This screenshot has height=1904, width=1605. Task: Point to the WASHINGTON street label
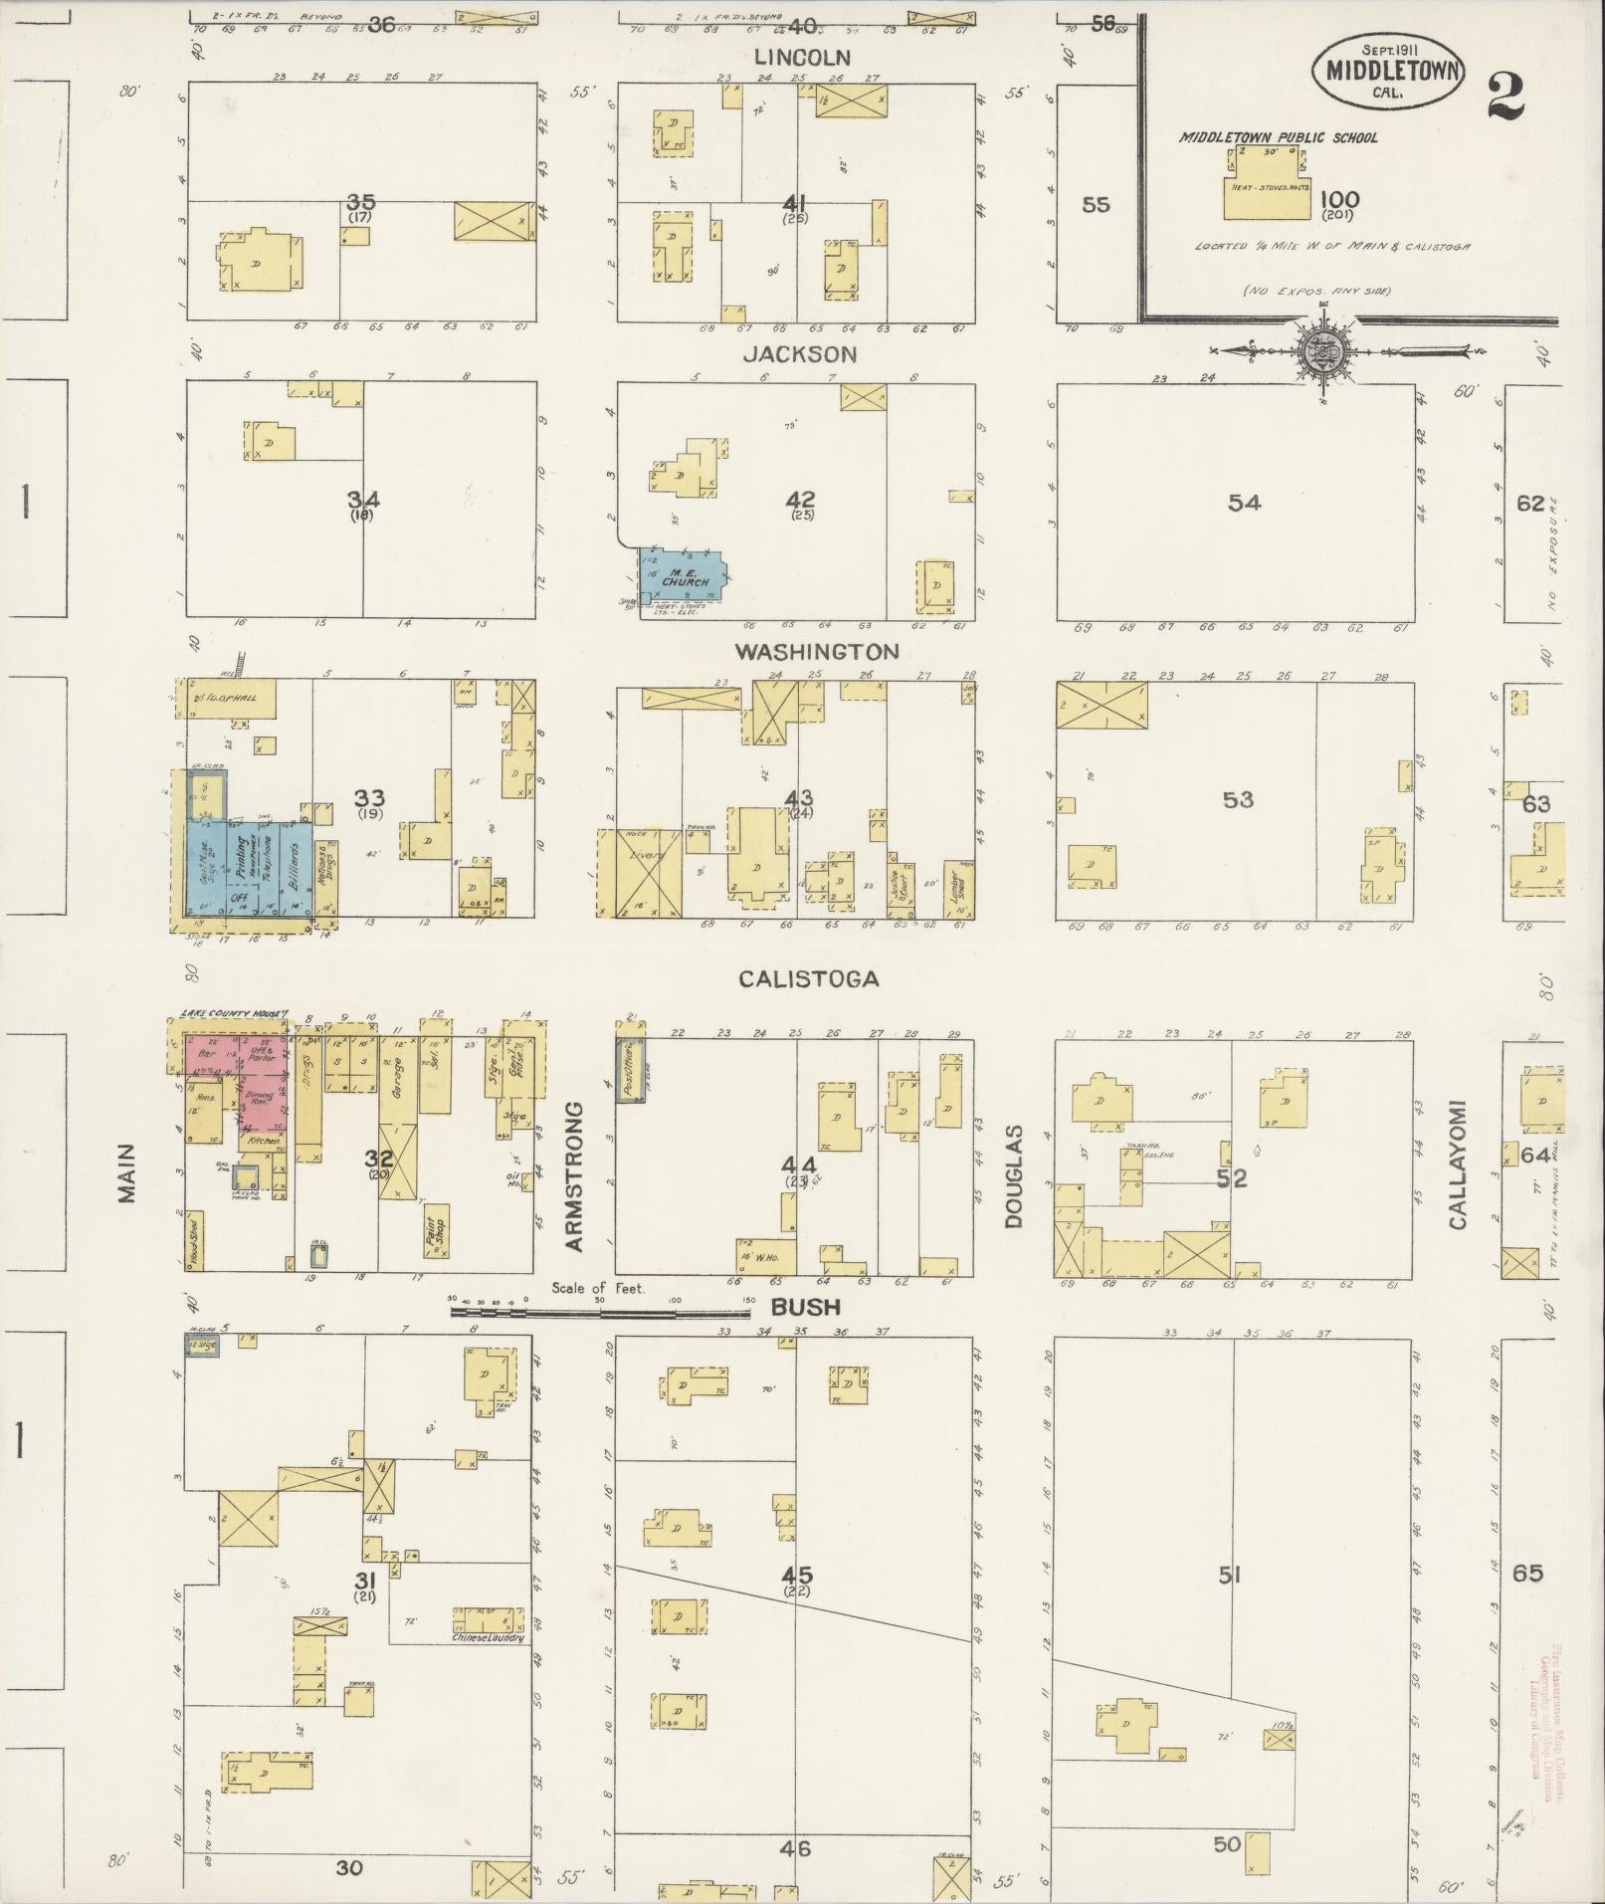pyautogui.click(x=817, y=652)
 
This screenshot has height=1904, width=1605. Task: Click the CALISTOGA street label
pyautogui.click(x=808, y=979)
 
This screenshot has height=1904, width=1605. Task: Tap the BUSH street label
pyautogui.click(x=805, y=1307)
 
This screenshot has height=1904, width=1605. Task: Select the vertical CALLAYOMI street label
pyautogui.click(x=1458, y=1164)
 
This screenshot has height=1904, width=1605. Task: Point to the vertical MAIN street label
pyautogui.click(x=126, y=1173)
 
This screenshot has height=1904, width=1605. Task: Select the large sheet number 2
pyautogui.click(x=1505, y=96)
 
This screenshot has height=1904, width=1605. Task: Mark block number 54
pyautogui.click(x=1244, y=504)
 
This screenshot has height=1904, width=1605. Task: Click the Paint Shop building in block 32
pyautogui.click(x=432, y=1235)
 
